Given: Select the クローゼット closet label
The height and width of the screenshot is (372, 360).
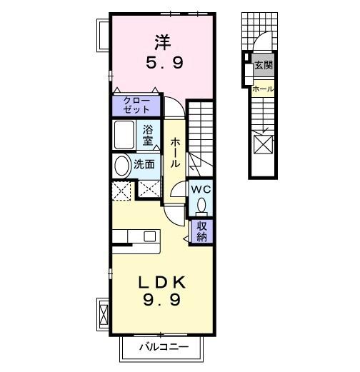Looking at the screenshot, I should [136, 105].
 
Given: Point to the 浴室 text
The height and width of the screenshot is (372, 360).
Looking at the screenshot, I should [148, 134].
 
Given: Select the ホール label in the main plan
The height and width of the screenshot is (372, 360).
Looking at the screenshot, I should [174, 153].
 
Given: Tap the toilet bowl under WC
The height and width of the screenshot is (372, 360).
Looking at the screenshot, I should [201, 206].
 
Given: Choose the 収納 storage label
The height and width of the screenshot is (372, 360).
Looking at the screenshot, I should [201, 232].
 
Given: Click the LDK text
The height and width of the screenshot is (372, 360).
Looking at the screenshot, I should [162, 280].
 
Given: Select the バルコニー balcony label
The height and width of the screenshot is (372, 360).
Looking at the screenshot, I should [164, 348].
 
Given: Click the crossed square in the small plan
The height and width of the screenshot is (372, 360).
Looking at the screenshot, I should [263, 145].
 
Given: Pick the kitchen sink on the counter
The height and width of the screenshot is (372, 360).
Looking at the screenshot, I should [149, 236].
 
